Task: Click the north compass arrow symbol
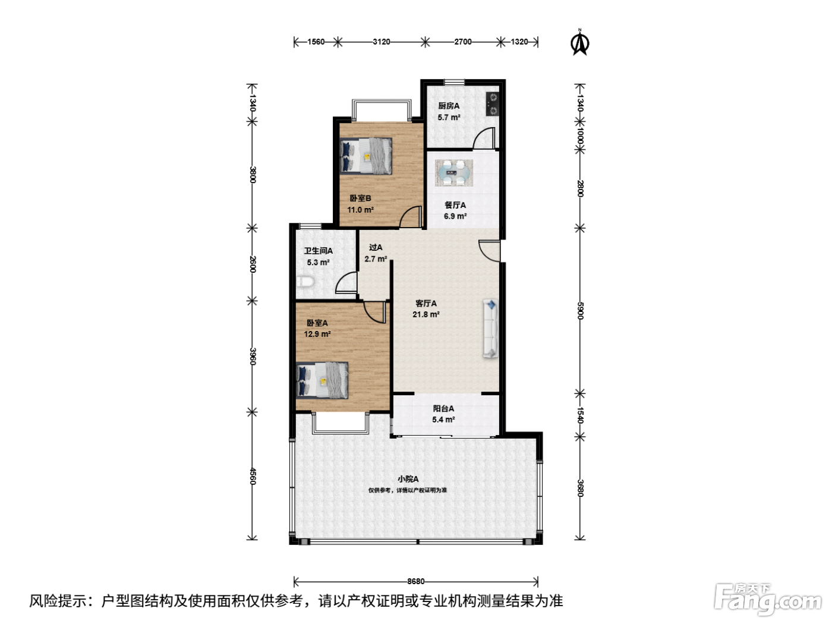tap(579, 42)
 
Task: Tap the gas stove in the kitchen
tap(492, 104)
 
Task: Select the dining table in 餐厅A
tap(453, 173)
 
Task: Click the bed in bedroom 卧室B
tap(365, 156)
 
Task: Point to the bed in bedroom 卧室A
tap(322, 380)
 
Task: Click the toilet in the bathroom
tap(305, 282)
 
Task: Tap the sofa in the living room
tap(490, 329)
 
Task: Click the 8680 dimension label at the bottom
tap(416, 581)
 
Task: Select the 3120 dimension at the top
tap(382, 42)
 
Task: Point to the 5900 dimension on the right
tap(580, 311)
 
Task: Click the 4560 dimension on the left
tap(253, 476)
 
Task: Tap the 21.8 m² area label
tap(426, 314)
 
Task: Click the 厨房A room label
tap(449, 106)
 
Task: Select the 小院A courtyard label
tap(408, 479)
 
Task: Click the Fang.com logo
tap(768, 600)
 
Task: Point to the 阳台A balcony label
tap(443, 408)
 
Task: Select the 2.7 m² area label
tap(376, 259)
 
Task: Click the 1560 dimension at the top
tap(316, 42)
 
